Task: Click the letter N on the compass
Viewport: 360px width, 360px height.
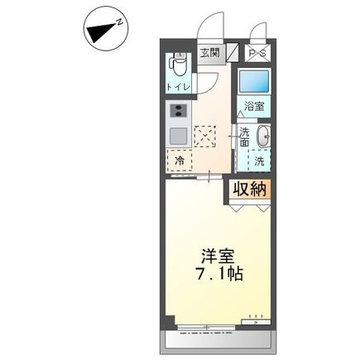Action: point(120,22)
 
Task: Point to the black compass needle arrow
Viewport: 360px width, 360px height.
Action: point(101,32)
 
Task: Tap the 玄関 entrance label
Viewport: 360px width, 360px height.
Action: point(210,52)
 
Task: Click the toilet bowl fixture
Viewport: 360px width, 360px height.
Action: point(179,65)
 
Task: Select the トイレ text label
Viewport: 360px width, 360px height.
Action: point(179,88)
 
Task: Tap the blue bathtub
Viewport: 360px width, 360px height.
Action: point(254,81)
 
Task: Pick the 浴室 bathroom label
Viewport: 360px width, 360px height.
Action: point(255,107)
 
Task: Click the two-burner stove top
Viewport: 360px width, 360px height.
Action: point(179,111)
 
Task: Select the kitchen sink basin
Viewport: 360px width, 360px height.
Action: point(179,137)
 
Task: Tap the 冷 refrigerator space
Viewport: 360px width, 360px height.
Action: point(180,161)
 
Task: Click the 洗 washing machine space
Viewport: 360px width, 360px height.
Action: point(259,161)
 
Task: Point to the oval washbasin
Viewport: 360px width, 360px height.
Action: point(263,137)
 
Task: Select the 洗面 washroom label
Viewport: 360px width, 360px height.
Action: point(244,137)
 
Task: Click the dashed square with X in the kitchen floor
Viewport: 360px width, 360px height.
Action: point(205,137)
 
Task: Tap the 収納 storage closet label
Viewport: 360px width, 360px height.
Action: point(250,190)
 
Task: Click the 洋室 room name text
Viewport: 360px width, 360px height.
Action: point(218,257)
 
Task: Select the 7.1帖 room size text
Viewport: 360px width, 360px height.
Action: point(219,274)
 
